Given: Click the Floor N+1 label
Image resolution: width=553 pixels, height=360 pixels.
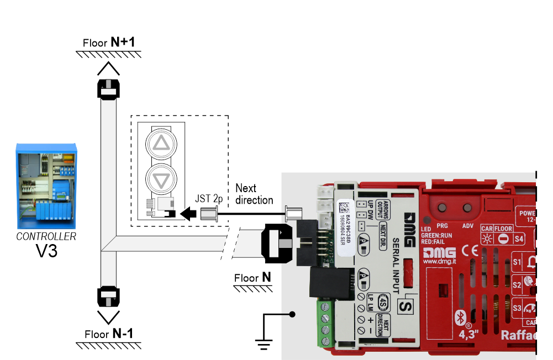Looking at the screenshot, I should pos(108,43).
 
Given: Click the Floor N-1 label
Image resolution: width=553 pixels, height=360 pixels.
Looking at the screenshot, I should pos(109,333).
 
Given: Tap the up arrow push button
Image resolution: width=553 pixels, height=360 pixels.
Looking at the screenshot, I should pos(162,144).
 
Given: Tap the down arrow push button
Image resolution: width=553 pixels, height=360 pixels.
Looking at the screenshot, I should pos(162,180).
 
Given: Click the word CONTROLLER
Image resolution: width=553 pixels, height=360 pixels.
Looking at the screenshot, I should pos(46,237).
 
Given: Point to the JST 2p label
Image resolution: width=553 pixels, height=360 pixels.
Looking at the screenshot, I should pos(208,198).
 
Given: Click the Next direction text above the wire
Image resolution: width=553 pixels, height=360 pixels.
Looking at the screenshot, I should pos(254,194).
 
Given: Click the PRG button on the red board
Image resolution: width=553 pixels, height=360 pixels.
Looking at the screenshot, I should pos(442,209).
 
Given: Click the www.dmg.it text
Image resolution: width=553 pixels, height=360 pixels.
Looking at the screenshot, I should pos(439,262).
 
